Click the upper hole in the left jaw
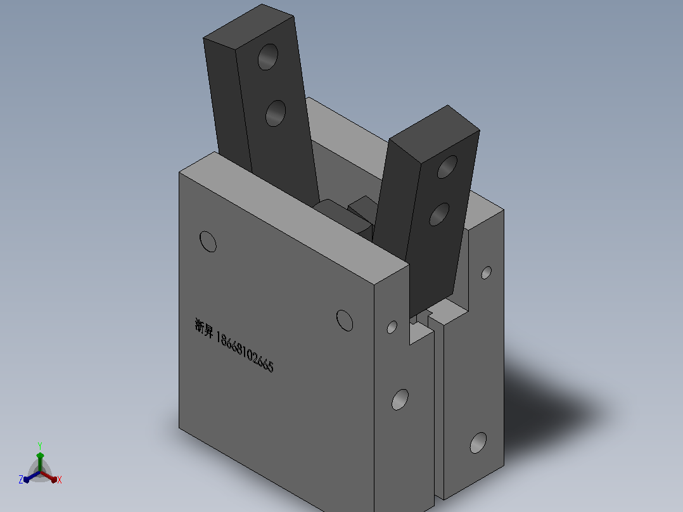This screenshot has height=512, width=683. pos(268,56)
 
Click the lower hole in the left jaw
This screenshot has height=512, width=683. pos(275,113)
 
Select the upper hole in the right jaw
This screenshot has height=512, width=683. pos(447,167)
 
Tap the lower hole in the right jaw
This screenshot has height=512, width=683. pos(439,214)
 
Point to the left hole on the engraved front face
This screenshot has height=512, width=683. pos(208,241)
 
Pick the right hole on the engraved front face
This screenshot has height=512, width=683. pos(345,321)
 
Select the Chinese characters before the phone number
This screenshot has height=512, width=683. pos(204,328)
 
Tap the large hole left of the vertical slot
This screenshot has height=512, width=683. pos(400,400)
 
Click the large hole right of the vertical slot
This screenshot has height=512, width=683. pos(478,443)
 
